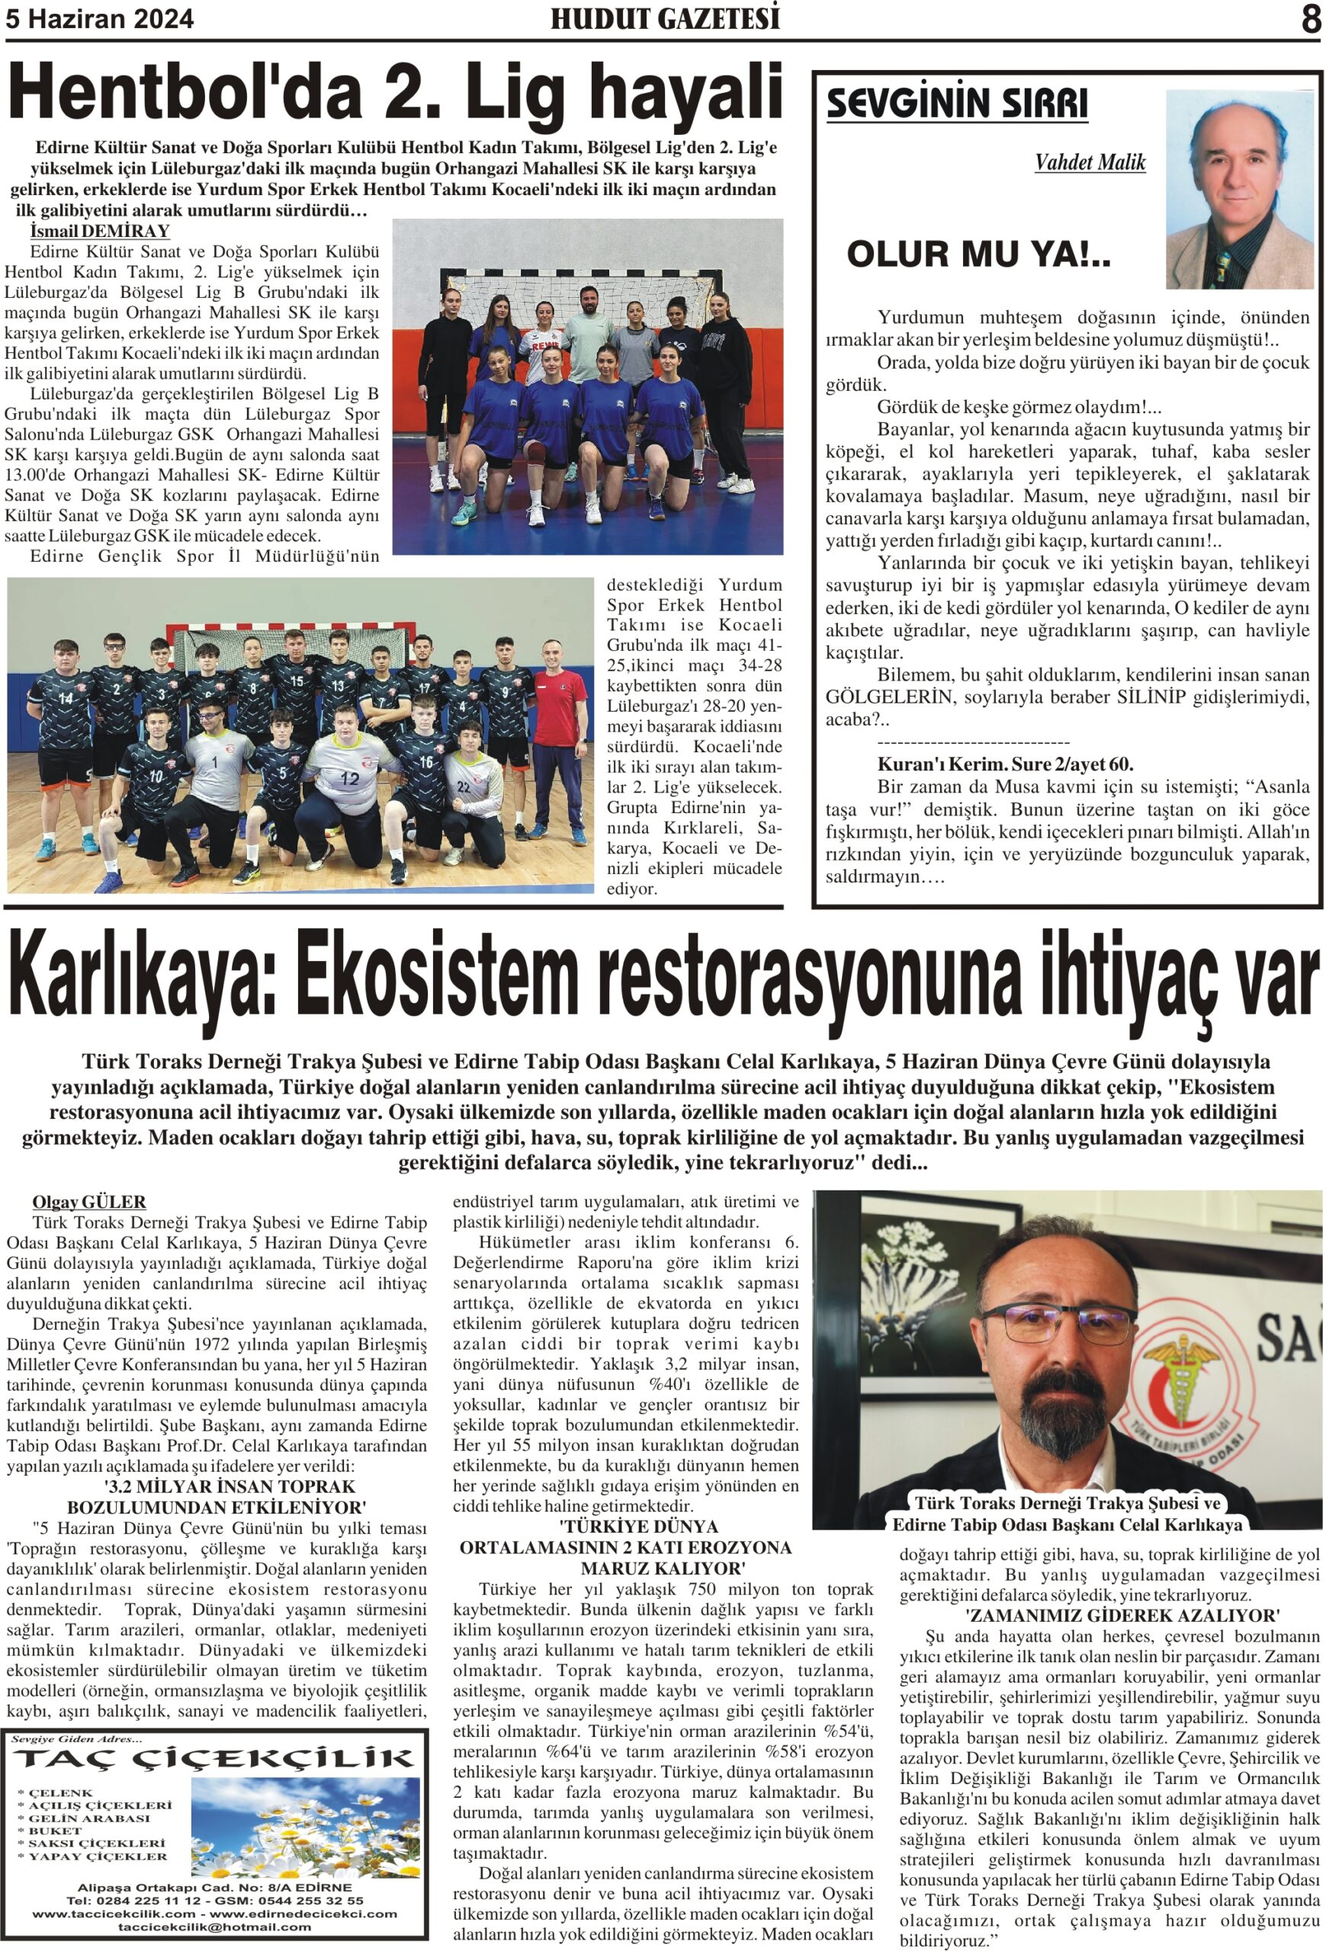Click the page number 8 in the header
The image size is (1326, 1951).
(x=1310, y=18)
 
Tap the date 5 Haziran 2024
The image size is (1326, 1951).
(x=100, y=19)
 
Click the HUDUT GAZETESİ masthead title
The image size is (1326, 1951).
(x=664, y=18)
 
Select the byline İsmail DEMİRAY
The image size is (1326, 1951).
(x=99, y=231)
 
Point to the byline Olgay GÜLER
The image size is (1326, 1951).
(x=89, y=1201)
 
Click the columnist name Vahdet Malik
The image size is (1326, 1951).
(x=1089, y=162)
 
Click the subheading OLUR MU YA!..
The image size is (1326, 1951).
(x=978, y=254)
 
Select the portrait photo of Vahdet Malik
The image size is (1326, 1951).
(x=1238, y=190)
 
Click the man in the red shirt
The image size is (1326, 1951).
(x=557, y=705)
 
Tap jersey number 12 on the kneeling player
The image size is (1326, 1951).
(x=348, y=778)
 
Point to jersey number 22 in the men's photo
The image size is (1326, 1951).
(x=463, y=786)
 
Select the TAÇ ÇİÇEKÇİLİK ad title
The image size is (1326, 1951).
(x=214, y=1758)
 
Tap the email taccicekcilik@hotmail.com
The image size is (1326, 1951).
(x=214, y=1927)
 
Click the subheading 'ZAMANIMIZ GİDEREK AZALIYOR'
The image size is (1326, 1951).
(x=1122, y=1615)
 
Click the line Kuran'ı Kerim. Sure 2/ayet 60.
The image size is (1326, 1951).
(x=1004, y=765)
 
